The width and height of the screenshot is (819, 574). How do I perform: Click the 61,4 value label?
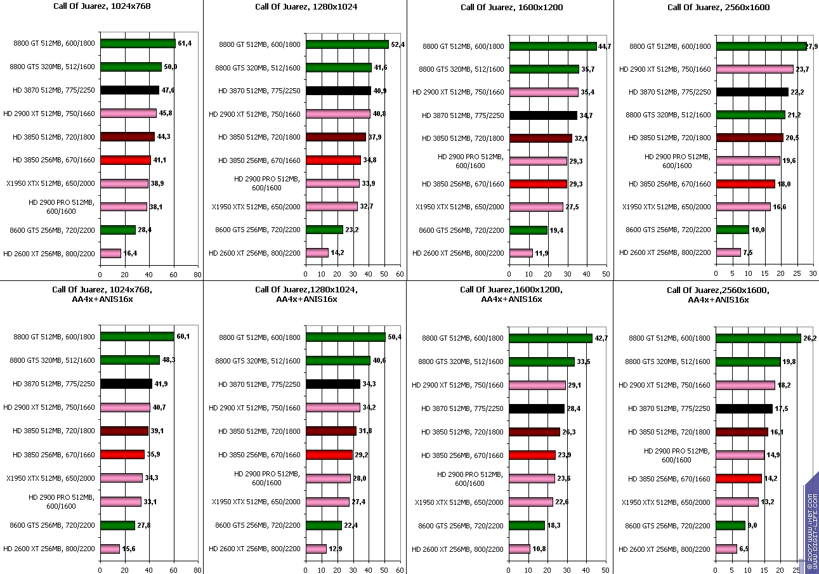(184, 44)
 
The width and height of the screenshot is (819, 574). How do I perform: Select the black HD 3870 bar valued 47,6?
(129, 90)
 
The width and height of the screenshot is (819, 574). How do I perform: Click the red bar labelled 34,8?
(333, 160)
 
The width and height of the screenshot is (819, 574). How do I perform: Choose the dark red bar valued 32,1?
(541, 138)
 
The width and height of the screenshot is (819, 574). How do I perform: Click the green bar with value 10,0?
(732, 230)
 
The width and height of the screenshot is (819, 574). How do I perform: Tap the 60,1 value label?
(183, 336)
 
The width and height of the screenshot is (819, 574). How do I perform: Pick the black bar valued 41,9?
(126, 384)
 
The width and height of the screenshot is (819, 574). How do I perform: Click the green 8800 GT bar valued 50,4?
(345, 337)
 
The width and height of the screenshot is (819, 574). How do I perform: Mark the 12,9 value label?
(336, 548)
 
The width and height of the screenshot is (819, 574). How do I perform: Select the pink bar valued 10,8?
(520, 549)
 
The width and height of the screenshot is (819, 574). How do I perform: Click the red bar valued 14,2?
(738, 478)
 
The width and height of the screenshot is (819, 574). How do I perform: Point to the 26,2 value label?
(809, 338)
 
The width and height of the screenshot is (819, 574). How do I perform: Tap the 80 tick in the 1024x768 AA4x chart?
(198, 570)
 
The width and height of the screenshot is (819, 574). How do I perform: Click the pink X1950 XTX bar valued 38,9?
(124, 183)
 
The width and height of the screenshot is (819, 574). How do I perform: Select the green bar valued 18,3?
(527, 525)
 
